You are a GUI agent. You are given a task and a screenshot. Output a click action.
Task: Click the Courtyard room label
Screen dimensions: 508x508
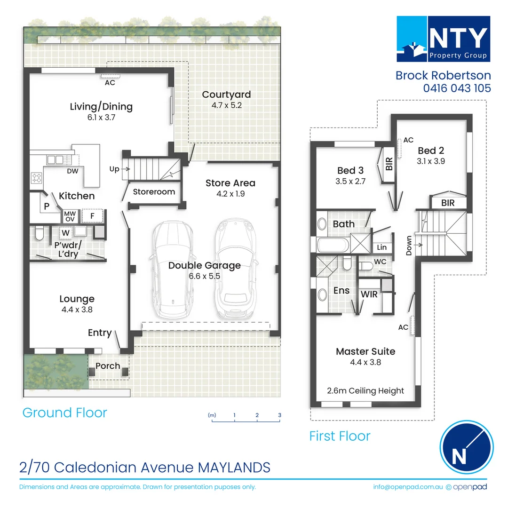tap(226, 95)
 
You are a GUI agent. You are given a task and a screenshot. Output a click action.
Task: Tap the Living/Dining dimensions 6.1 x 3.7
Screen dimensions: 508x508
tap(101, 118)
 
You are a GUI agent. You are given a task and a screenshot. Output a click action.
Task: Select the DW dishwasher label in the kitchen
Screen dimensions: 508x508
tap(72, 171)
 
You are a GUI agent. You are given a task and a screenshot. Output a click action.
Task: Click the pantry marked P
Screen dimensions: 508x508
tap(47, 206)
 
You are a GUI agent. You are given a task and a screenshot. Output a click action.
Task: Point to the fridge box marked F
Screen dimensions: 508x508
tap(93, 216)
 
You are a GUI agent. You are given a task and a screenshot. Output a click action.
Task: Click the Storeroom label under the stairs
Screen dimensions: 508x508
tap(154, 192)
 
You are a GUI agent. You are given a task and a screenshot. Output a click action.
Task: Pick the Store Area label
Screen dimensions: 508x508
tap(230, 183)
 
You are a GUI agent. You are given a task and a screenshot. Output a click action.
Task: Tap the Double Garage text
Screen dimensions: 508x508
tap(205, 265)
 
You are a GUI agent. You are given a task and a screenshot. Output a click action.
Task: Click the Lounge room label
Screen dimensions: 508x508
tap(77, 299)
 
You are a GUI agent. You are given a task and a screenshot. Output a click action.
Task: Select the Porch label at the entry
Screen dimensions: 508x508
tap(108, 366)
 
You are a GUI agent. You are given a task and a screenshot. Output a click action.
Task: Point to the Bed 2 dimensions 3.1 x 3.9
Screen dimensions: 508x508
tap(431, 161)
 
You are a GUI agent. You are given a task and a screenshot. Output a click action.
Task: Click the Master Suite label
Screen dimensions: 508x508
tap(365, 351)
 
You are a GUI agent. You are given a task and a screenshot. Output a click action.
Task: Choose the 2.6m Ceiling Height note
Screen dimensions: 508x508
tap(365, 391)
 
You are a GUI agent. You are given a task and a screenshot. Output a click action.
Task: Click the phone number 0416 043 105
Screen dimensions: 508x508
tap(457, 88)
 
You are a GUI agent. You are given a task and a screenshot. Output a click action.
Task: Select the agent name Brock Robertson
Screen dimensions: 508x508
tap(443, 75)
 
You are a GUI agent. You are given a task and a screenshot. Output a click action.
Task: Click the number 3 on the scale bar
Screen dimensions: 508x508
tap(279, 415)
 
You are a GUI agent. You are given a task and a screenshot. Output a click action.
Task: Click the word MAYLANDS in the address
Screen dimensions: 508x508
tap(234, 468)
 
